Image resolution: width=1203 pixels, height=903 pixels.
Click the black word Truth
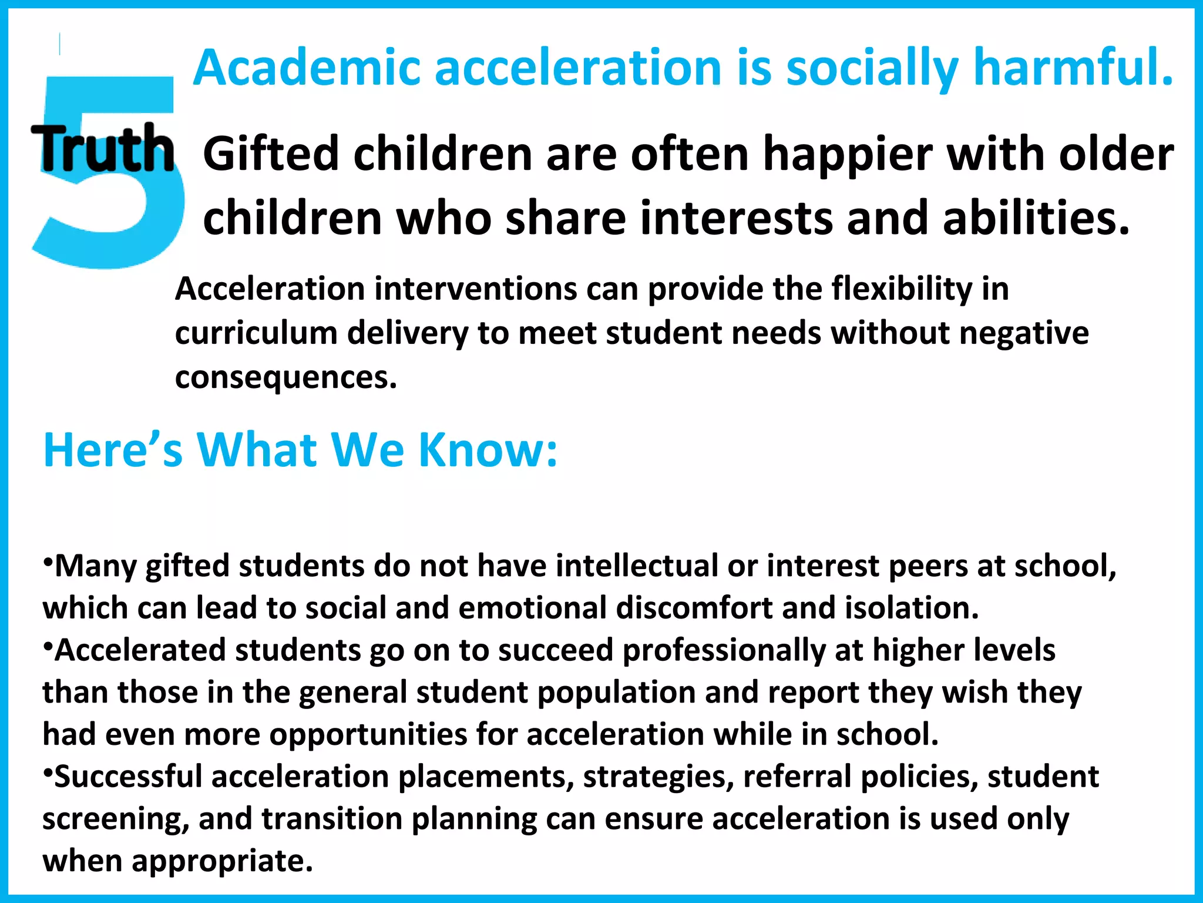point(103,149)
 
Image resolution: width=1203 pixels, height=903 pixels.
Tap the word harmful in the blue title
point(1073,68)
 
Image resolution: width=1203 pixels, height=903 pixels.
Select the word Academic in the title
point(306,68)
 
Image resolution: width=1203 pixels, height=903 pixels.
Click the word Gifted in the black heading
point(271,154)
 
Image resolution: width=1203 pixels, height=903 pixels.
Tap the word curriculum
point(256,333)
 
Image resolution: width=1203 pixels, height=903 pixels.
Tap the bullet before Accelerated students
point(48,644)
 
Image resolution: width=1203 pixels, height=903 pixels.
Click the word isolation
point(912,608)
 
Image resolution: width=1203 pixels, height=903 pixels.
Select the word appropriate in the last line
point(222,862)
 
